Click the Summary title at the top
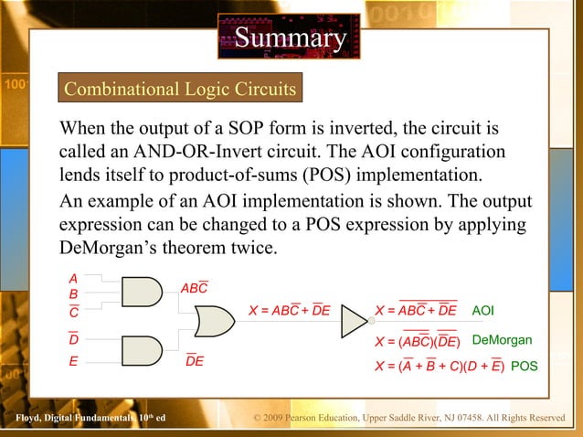(x=290, y=38)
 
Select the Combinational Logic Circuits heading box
(x=179, y=90)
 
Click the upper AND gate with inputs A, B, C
(x=140, y=292)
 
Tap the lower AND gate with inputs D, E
(x=140, y=350)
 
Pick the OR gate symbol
(x=209, y=321)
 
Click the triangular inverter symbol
(x=355, y=322)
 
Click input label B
(x=73, y=295)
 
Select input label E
(x=73, y=361)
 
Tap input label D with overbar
(x=73, y=339)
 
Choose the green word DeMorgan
(x=502, y=341)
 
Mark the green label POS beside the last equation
(x=525, y=368)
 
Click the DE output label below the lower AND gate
(x=195, y=362)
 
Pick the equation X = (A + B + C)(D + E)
(x=440, y=368)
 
